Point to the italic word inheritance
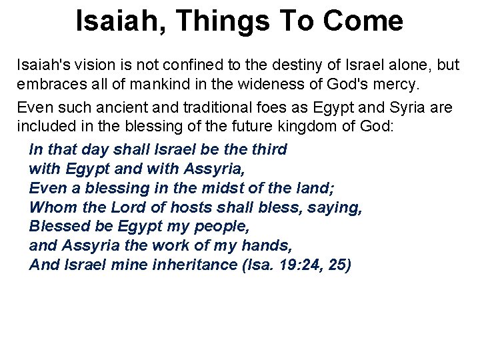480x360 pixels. tap(193, 265)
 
